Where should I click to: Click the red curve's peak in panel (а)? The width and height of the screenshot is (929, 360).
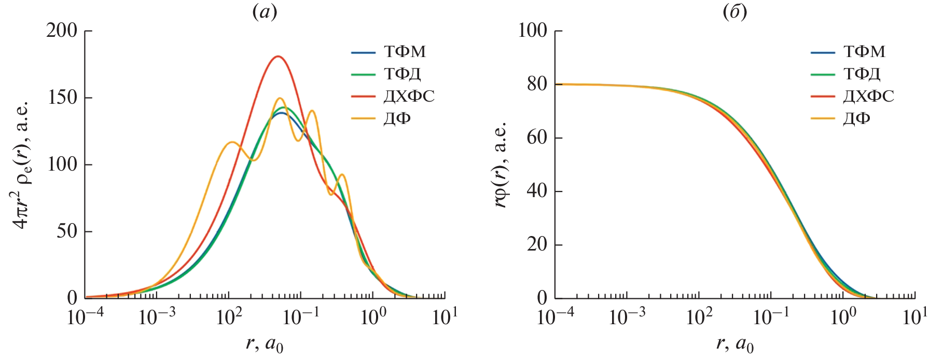point(278,56)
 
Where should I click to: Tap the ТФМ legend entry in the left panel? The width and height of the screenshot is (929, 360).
point(405,52)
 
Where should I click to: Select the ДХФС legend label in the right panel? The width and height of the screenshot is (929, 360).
point(868,96)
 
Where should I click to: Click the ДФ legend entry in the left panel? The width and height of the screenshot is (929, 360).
point(397,119)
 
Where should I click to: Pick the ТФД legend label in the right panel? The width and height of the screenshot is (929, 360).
point(862,74)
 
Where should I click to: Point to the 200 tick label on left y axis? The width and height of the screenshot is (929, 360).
point(62,31)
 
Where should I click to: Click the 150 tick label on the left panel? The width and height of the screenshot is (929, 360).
point(62,98)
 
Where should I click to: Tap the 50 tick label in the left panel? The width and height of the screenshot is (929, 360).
point(67,231)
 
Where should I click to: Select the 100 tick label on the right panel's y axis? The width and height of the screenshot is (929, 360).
point(532,31)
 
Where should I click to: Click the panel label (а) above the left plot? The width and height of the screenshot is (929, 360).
point(265,11)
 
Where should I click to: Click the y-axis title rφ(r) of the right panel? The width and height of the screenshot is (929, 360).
point(500,165)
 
